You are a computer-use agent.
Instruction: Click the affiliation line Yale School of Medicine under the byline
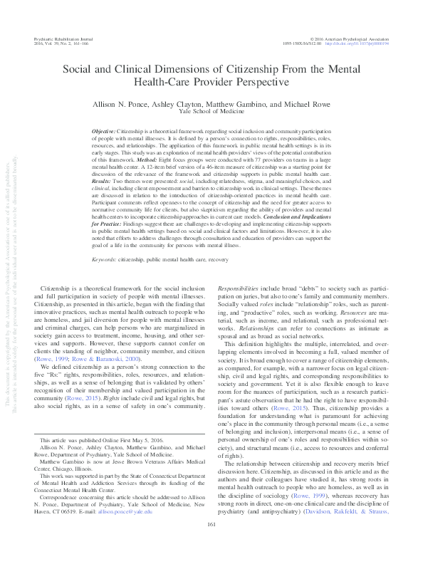tap(211, 112)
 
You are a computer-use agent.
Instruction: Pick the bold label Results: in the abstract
tap(103, 181)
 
